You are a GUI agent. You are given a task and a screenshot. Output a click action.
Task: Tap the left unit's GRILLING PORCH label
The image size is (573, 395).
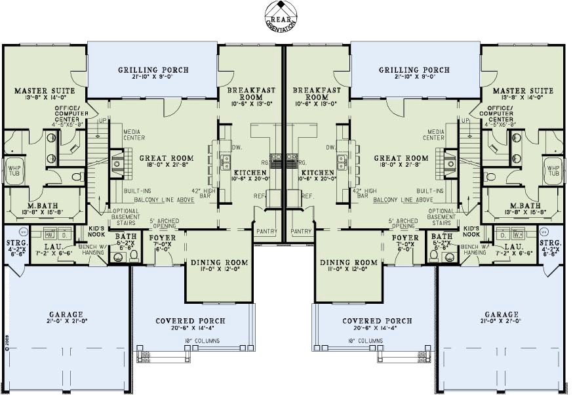[x=153, y=70]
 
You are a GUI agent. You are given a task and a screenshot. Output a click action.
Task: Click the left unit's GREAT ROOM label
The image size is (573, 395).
[x=166, y=158]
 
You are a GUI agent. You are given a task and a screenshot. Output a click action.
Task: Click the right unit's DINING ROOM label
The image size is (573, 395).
[x=349, y=262]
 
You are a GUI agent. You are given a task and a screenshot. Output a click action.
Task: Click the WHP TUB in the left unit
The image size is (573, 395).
[x=14, y=170]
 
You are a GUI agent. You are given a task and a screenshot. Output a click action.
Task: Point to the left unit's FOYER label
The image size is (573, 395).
[x=162, y=238]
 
